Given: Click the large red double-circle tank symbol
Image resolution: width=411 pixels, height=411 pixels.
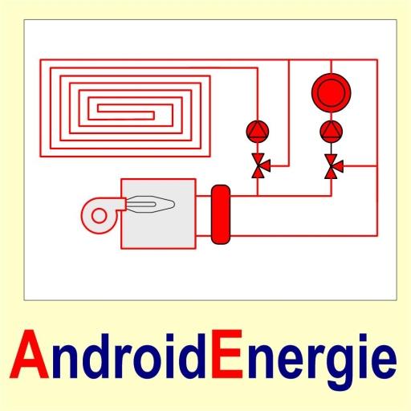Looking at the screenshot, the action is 332,92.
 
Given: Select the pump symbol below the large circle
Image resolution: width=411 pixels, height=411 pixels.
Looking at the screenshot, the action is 332,132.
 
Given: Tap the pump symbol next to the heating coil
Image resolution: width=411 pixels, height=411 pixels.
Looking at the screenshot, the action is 258,132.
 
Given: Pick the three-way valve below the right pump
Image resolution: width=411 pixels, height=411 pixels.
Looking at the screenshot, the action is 334,166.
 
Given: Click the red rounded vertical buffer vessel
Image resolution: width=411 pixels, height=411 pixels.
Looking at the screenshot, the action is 221,214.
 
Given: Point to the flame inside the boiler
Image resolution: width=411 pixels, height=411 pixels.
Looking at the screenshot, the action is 150,205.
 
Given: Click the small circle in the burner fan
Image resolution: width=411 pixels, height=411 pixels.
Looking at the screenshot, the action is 99,216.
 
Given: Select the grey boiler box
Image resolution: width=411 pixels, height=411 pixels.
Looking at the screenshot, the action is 158,214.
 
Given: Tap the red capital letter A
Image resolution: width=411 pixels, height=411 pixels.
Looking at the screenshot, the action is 30,354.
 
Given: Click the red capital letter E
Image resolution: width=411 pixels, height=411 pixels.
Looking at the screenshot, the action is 227,354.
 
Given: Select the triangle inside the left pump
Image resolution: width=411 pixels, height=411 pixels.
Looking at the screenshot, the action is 258,129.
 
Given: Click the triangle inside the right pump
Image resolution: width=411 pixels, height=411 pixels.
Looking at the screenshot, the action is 332,129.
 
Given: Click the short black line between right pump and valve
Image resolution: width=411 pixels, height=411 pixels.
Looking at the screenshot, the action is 332,149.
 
